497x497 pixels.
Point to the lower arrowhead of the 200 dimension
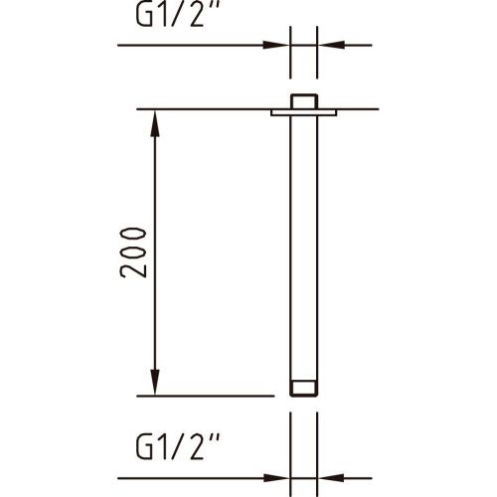156,384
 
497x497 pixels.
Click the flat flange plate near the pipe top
303,113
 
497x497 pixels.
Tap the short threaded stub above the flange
303,101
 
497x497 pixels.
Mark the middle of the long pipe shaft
303,248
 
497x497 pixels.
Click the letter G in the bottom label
144,452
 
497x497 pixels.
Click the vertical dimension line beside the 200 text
156,199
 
